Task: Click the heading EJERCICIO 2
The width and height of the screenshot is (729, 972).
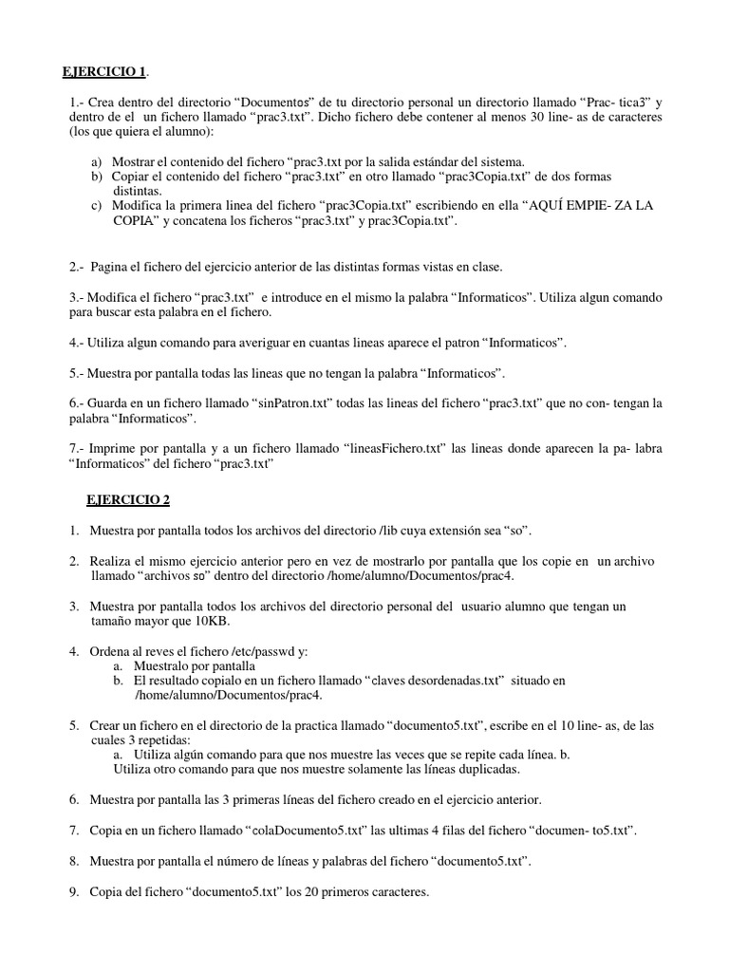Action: pos(128,498)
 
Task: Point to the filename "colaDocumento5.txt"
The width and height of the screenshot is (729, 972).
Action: pos(307,831)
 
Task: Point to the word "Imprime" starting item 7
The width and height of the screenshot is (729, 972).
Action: pos(115,448)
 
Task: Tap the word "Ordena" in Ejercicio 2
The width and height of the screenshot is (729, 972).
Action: pos(112,650)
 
